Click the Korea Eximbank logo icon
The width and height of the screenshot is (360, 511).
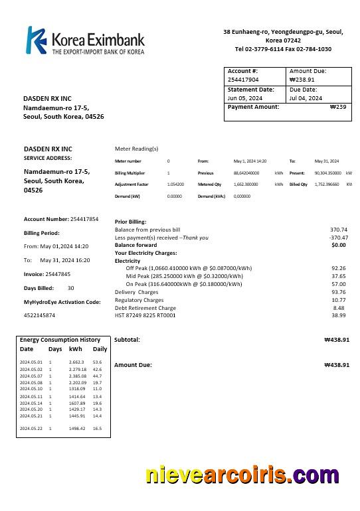click(36, 40)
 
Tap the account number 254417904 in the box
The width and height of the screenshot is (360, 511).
click(243, 80)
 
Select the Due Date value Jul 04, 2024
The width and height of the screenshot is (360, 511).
click(306, 98)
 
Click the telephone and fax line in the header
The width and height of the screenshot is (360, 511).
click(283, 49)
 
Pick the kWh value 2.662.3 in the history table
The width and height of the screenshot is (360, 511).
click(76, 362)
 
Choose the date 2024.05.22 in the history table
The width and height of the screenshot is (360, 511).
click(31, 429)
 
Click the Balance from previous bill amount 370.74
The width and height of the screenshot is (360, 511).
click(338, 230)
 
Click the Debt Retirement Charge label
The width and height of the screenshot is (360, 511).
click(145, 308)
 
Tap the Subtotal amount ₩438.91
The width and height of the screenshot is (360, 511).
click(336, 340)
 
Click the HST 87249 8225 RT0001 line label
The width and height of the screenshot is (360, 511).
click(145, 316)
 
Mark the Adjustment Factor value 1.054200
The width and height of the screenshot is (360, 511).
click(175, 184)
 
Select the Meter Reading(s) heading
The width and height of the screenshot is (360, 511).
click(137, 149)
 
